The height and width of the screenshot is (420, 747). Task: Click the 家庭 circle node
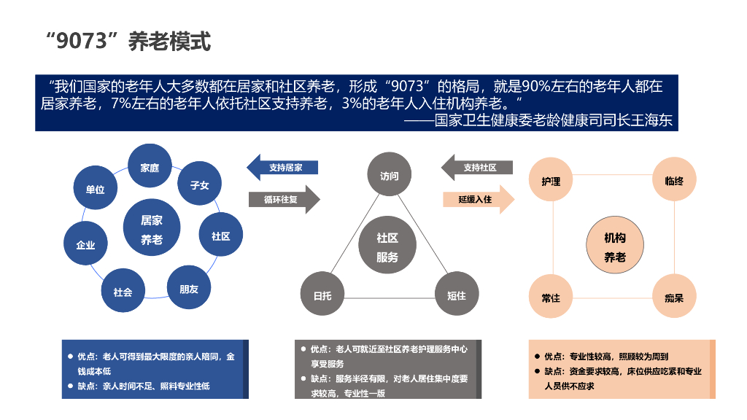(150, 168)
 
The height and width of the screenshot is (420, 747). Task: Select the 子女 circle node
(200, 185)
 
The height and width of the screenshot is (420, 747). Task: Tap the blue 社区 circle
(221, 236)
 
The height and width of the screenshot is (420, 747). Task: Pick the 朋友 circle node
(189, 289)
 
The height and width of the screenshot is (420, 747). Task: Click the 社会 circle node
(123, 292)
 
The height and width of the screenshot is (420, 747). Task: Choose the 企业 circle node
(86, 245)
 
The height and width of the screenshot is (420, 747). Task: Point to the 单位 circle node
(96, 190)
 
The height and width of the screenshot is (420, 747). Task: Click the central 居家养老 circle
(152, 230)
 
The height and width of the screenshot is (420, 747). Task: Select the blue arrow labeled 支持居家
(284, 168)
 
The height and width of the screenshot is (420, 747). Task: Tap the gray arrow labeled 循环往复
(284, 199)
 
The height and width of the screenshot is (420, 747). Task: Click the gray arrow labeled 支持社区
(478, 168)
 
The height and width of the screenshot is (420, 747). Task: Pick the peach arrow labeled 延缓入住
(478, 198)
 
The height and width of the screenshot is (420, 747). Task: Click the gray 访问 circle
(390, 176)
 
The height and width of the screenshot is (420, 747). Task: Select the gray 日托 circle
(322, 295)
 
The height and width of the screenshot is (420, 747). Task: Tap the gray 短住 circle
(457, 295)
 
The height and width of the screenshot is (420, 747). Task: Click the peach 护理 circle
(551, 181)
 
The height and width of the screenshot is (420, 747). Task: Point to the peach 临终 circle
(675, 181)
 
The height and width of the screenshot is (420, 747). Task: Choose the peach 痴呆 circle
(675, 297)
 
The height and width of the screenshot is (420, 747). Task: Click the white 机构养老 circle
(615, 247)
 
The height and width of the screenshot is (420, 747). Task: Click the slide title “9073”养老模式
(128, 42)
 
